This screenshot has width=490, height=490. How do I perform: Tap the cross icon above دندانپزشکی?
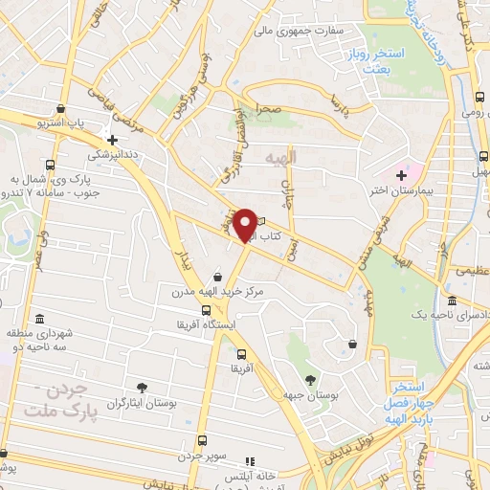pos(113,139)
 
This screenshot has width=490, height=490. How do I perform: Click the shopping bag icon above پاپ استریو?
pos(61,109)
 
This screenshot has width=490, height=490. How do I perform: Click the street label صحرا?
pos(267,110)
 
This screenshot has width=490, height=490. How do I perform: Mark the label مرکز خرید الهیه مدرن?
pos(217,292)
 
